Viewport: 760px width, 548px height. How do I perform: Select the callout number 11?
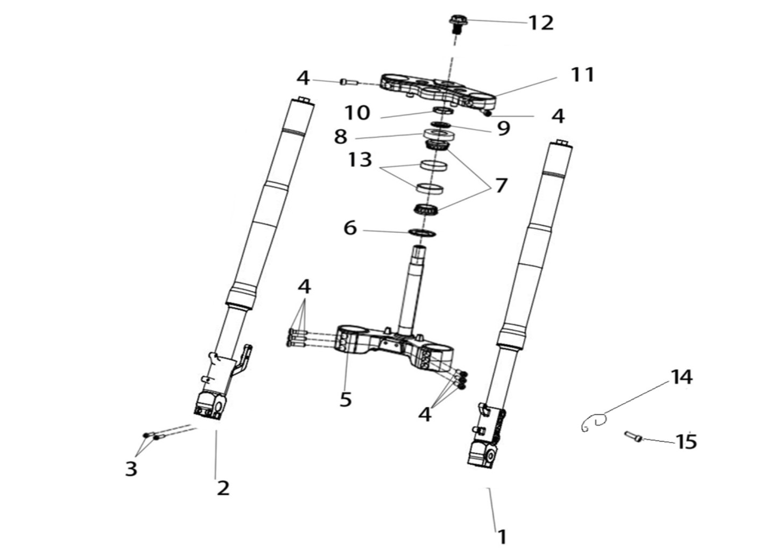(582, 75)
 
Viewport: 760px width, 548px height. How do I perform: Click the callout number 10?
(357, 113)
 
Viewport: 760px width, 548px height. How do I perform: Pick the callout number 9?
(504, 129)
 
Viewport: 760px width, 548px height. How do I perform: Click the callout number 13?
(360, 159)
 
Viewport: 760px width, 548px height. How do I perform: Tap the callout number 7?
(501, 186)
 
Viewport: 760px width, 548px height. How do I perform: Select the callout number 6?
(350, 227)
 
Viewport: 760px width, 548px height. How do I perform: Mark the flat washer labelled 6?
(423, 233)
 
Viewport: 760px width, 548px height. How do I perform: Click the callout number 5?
(346, 399)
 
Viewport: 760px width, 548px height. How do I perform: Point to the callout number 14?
(681, 377)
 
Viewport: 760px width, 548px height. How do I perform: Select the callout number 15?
(686, 442)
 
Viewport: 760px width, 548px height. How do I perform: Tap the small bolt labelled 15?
(633, 437)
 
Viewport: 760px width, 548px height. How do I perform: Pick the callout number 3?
(131, 469)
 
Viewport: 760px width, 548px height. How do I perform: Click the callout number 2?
(223, 488)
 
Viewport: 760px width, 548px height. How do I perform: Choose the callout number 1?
(502, 537)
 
